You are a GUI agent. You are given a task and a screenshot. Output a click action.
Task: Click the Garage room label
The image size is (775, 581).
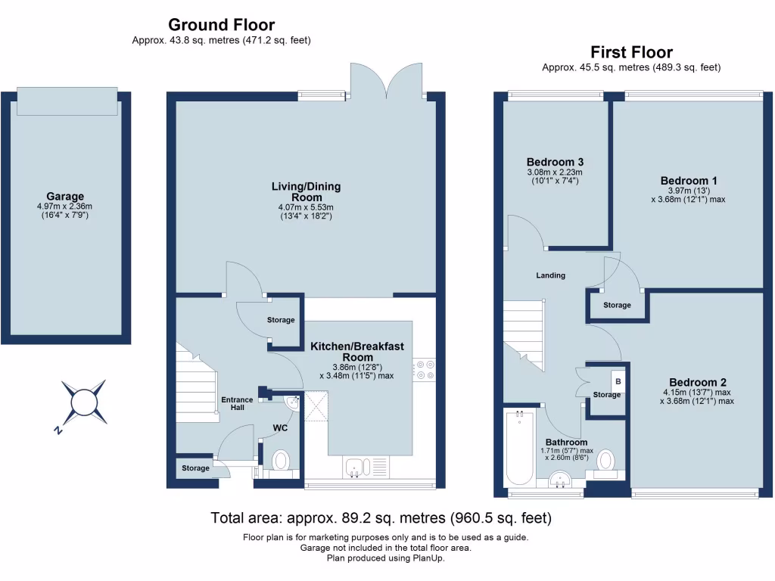pos(65,196)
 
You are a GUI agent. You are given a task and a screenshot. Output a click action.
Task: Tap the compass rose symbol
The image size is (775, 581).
pos(84,402)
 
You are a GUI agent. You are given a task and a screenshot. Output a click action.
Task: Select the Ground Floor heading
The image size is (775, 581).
pos(222,25)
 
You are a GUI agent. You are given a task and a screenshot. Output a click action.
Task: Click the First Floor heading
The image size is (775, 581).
pos(632,52)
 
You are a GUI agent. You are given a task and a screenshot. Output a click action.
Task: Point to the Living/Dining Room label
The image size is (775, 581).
pos(307,191)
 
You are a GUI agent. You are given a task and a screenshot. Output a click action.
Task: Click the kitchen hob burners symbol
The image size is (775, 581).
pos(424,370)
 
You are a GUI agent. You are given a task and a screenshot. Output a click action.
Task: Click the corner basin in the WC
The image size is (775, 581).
pos(294,402)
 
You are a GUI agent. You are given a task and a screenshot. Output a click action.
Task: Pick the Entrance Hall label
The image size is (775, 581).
pos(237,404)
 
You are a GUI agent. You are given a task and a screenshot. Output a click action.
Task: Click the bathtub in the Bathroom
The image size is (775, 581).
pos(519,448)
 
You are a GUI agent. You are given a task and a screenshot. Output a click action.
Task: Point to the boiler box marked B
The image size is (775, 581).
pos(618,381)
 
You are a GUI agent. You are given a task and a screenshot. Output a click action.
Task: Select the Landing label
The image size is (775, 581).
pos(551,275)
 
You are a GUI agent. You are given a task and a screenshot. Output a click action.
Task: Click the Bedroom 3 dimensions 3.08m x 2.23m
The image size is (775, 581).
pos(555,172)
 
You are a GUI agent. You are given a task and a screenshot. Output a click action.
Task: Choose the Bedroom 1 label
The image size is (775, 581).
pos(689,181)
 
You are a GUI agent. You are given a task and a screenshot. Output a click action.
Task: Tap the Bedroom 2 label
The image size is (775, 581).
pos(697,382)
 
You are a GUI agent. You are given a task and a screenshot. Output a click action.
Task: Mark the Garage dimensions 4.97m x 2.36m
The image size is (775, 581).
pos(65,207)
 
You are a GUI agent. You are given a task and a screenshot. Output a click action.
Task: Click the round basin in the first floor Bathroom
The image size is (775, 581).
pos(560,479)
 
